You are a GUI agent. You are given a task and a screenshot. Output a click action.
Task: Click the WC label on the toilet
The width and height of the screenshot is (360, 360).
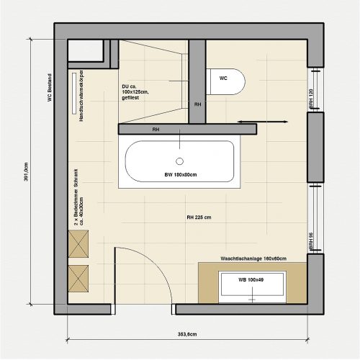223,77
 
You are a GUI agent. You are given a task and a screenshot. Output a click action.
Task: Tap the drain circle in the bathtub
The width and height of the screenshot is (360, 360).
180,161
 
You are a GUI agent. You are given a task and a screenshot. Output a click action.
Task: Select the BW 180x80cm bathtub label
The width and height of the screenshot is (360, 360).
180,175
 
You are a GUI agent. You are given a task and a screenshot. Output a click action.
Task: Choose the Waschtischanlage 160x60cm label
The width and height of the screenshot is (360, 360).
253,258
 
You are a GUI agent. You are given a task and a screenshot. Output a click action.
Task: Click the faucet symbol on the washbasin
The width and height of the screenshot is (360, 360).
253,296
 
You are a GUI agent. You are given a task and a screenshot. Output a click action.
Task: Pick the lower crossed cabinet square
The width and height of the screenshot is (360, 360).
78,276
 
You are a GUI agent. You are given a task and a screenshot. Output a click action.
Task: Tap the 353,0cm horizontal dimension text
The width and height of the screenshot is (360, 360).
187,334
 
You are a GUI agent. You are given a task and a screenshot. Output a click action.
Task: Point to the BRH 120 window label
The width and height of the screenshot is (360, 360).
311,99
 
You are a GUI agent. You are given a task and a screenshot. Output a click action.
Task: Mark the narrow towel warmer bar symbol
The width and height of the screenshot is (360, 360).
73,92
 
